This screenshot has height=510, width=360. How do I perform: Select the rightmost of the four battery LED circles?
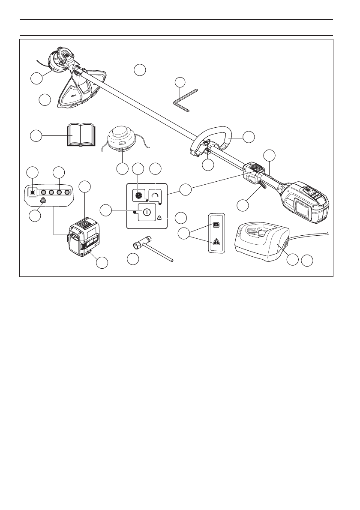pos(67,192)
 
